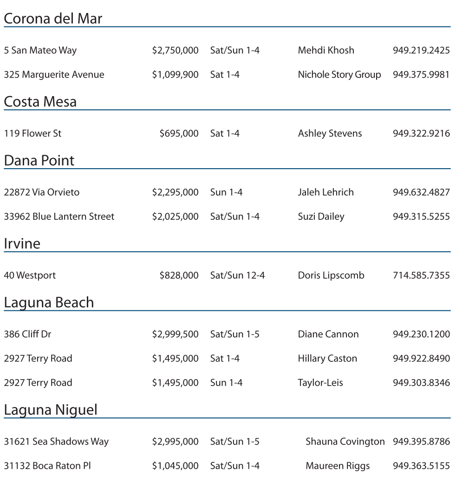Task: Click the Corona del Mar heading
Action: (x=53, y=19)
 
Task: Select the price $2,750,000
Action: (x=175, y=50)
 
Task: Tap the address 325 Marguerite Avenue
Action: (x=54, y=75)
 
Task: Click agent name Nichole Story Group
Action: (x=339, y=75)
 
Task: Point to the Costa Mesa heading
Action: (x=40, y=102)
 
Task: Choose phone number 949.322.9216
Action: (x=421, y=133)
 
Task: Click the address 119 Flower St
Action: (x=33, y=133)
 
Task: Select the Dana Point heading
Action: (x=39, y=160)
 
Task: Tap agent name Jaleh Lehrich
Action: (x=326, y=192)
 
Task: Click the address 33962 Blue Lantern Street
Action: (x=59, y=217)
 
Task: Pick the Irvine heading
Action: (x=22, y=243)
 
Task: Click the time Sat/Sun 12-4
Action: (x=237, y=276)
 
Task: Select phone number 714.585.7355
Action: (x=421, y=276)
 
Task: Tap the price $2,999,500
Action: (x=175, y=334)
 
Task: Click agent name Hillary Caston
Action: (x=327, y=359)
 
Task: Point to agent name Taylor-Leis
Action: (x=320, y=383)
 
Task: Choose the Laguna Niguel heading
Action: (x=51, y=410)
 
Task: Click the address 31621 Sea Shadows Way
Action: (x=56, y=441)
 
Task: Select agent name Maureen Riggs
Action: (x=338, y=466)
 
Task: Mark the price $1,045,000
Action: (x=175, y=466)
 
